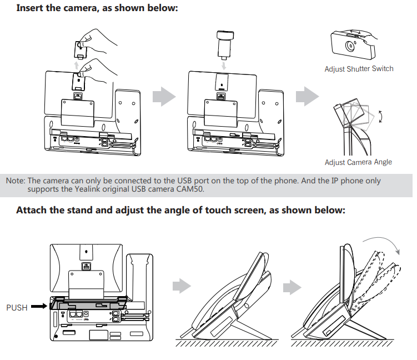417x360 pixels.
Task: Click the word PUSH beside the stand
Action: [17, 307]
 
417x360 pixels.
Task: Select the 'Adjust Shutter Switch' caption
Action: [359, 69]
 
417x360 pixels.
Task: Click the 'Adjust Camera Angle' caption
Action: [358, 162]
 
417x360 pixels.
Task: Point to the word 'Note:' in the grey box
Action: [16, 181]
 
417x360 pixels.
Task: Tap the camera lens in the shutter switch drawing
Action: [350, 47]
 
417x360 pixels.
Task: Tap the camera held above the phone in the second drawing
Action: [223, 44]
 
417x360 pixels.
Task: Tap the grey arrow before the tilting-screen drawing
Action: [292, 287]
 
